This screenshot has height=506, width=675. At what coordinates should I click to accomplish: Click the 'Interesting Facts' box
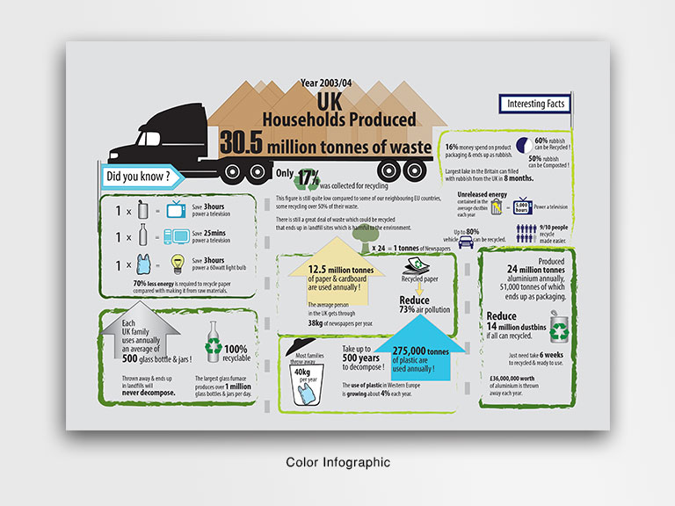pos(536,105)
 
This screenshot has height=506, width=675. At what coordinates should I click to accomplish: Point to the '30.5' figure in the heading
pos(243,143)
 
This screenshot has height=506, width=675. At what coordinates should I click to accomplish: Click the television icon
pos(177,209)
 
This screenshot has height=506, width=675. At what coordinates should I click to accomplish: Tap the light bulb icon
pos(177,264)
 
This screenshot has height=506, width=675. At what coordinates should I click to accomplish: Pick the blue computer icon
pos(176,236)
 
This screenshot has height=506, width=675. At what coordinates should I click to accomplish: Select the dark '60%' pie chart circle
pos(522,145)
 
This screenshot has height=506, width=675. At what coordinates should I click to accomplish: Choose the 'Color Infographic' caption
pos(337,461)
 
